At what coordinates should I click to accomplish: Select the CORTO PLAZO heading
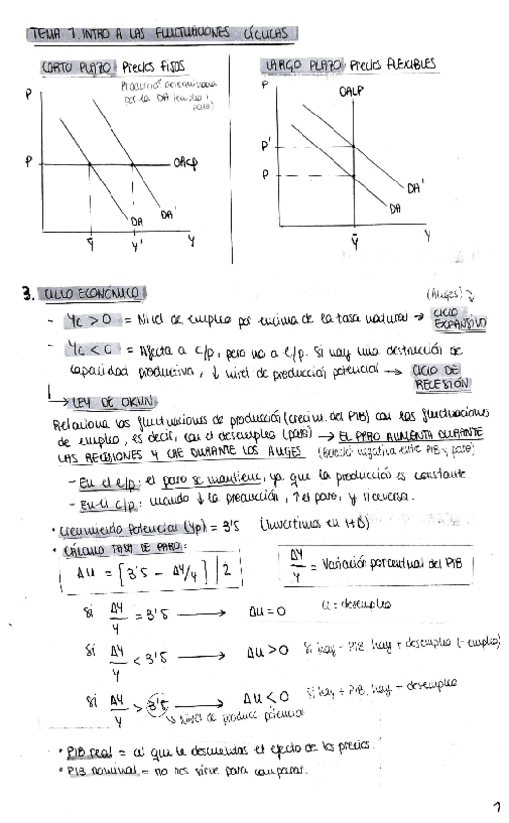[x=79, y=68]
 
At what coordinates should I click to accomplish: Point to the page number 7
[x=498, y=807]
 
